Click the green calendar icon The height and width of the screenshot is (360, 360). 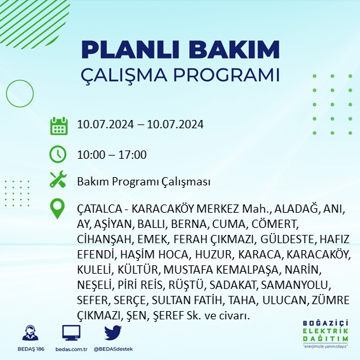tap(58, 125)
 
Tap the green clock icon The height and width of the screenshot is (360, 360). tap(58, 154)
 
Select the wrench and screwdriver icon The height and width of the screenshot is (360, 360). tap(58, 180)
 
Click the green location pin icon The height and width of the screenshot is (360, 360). tap(58, 209)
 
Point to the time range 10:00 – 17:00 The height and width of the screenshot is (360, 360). tap(112, 154)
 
